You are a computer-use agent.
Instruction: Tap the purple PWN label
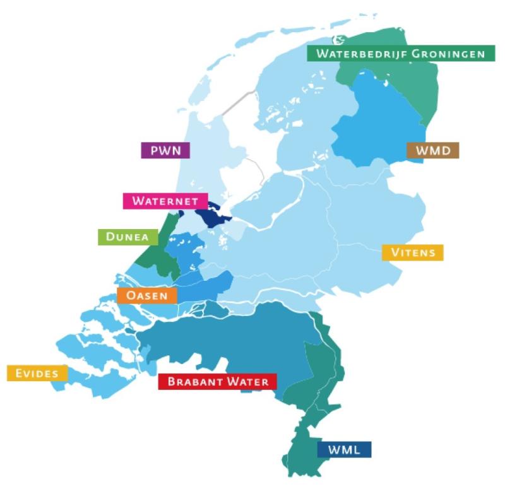click(x=165, y=151)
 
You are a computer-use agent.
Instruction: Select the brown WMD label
click(x=433, y=151)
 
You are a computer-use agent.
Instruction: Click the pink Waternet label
click(x=165, y=201)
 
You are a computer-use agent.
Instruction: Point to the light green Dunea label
click(x=128, y=237)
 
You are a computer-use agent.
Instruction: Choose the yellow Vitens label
click(x=413, y=253)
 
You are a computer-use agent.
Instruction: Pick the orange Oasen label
click(x=146, y=295)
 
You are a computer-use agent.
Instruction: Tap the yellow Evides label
click(x=37, y=374)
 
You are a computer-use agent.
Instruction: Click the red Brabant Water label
click(x=218, y=382)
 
